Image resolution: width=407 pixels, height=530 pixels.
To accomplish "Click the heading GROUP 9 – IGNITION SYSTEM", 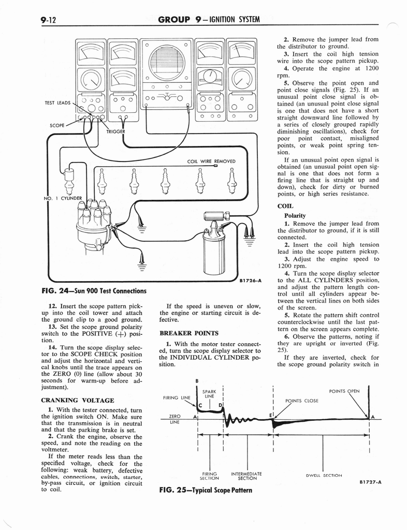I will [209, 20].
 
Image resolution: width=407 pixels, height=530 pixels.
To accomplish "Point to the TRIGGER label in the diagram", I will [117, 131].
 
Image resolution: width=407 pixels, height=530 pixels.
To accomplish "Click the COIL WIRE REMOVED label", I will [211, 161].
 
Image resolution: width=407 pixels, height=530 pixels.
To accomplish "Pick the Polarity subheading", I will [295, 215].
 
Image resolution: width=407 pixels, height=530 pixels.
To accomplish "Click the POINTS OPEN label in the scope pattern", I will [344, 391].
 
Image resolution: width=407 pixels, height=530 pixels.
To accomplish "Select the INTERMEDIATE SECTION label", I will [246, 476].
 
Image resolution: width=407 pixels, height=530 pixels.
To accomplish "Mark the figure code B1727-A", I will [370, 482].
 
